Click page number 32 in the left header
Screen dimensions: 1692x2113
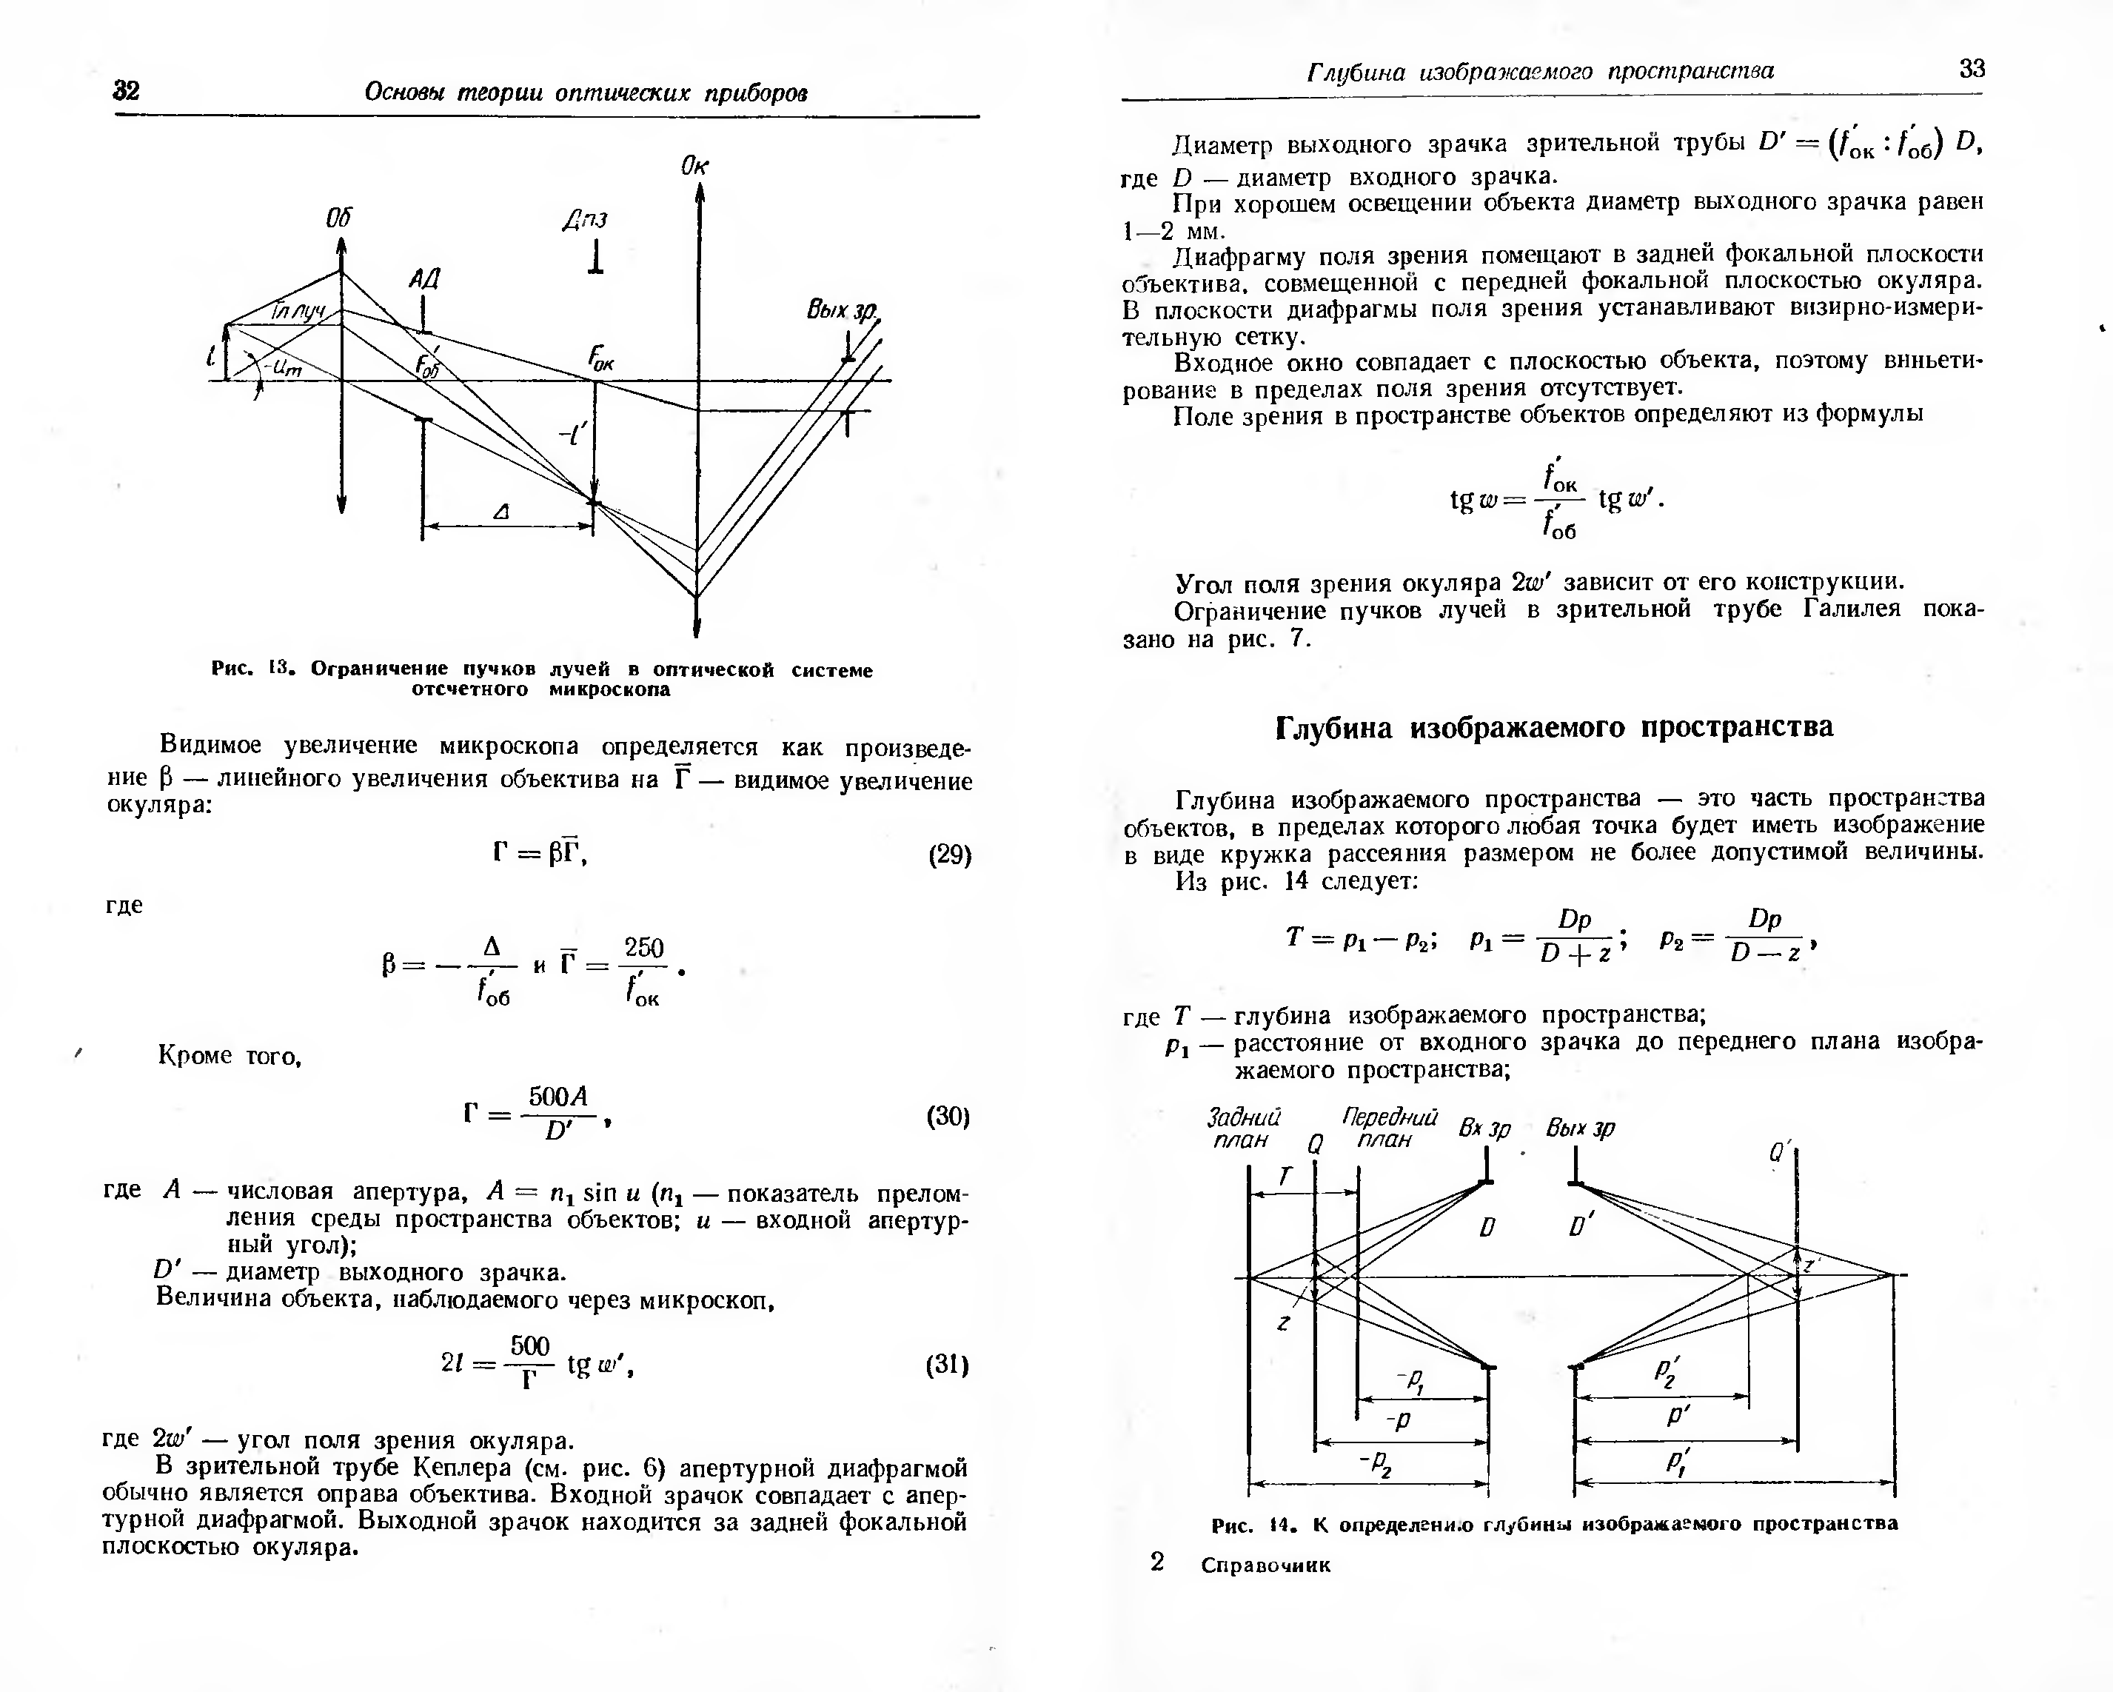coord(127,91)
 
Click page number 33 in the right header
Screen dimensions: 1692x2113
coord(1971,69)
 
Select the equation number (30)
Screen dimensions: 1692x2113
coord(948,1117)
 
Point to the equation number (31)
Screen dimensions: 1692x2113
coord(947,1365)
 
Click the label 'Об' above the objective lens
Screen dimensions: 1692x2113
coord(338,218)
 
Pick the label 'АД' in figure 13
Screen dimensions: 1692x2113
coord(424,279)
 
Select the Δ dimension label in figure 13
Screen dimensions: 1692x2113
coord(502,512)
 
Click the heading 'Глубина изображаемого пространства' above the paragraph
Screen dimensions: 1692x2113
coord(1553,726)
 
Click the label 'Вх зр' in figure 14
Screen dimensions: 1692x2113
coord(1484,1128)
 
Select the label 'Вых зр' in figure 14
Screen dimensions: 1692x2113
coord(1580,1128)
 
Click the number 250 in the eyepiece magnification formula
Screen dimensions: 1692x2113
coord(644,947)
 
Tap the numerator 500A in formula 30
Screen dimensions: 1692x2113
coord(557,1095)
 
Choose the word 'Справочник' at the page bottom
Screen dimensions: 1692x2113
coord(1265,1565)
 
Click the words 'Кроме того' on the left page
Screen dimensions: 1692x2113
coord(230,1056)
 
